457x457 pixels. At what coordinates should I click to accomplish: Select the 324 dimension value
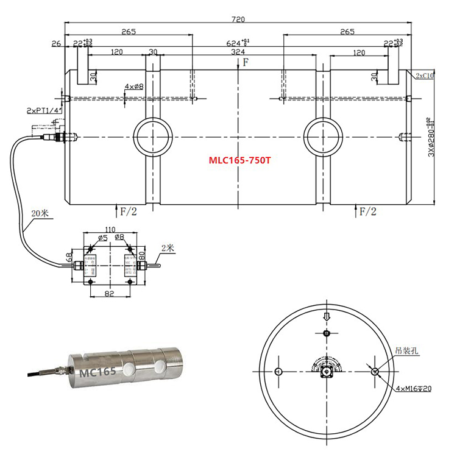[x=238, y=53]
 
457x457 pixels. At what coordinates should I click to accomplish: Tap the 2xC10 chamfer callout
[x=424, y=76]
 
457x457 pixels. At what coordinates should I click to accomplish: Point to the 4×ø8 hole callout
[x=133, y=87]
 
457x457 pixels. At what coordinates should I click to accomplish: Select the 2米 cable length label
[x=169, y=247]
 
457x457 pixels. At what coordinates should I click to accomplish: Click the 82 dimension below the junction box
[x=110, y=293]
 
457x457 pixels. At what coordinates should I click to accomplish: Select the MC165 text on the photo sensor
[x=94, y=370]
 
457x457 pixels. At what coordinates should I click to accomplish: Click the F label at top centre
[x=246, y=63]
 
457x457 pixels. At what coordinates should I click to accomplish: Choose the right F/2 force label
[x=367, y=211]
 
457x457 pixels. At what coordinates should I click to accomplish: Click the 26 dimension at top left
[x=56, y=44]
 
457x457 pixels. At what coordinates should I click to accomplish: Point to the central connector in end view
[x=328, y=371]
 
